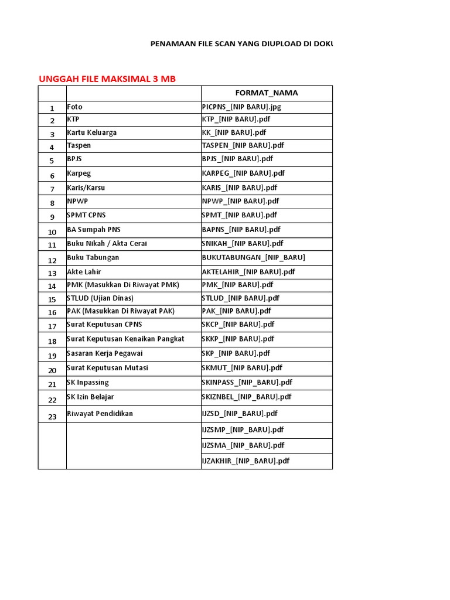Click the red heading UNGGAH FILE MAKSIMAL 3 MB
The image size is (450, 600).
[107, 79]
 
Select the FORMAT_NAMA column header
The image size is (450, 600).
[266, 93]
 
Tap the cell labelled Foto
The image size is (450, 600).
[74, 107]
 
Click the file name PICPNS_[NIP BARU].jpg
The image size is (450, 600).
[241, 107]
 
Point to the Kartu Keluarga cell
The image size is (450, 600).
[91, 132]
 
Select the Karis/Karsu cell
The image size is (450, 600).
[86, 188]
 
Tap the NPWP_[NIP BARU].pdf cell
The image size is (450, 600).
[240, 201]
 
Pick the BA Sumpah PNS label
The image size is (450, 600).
[94, 230]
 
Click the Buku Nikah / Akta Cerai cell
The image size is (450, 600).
[107, 243]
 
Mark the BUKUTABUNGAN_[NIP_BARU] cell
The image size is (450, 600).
[253, 257]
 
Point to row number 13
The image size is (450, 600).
[52, 273]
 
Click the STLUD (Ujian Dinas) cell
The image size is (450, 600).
[100, 298]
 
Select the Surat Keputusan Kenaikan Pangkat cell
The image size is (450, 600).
[125, 339]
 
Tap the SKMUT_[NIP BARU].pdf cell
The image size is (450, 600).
[241, 368]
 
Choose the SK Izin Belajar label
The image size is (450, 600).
[90, 397]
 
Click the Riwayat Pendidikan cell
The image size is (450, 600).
[100, 414]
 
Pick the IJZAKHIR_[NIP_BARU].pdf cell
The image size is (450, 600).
[246, 461]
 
